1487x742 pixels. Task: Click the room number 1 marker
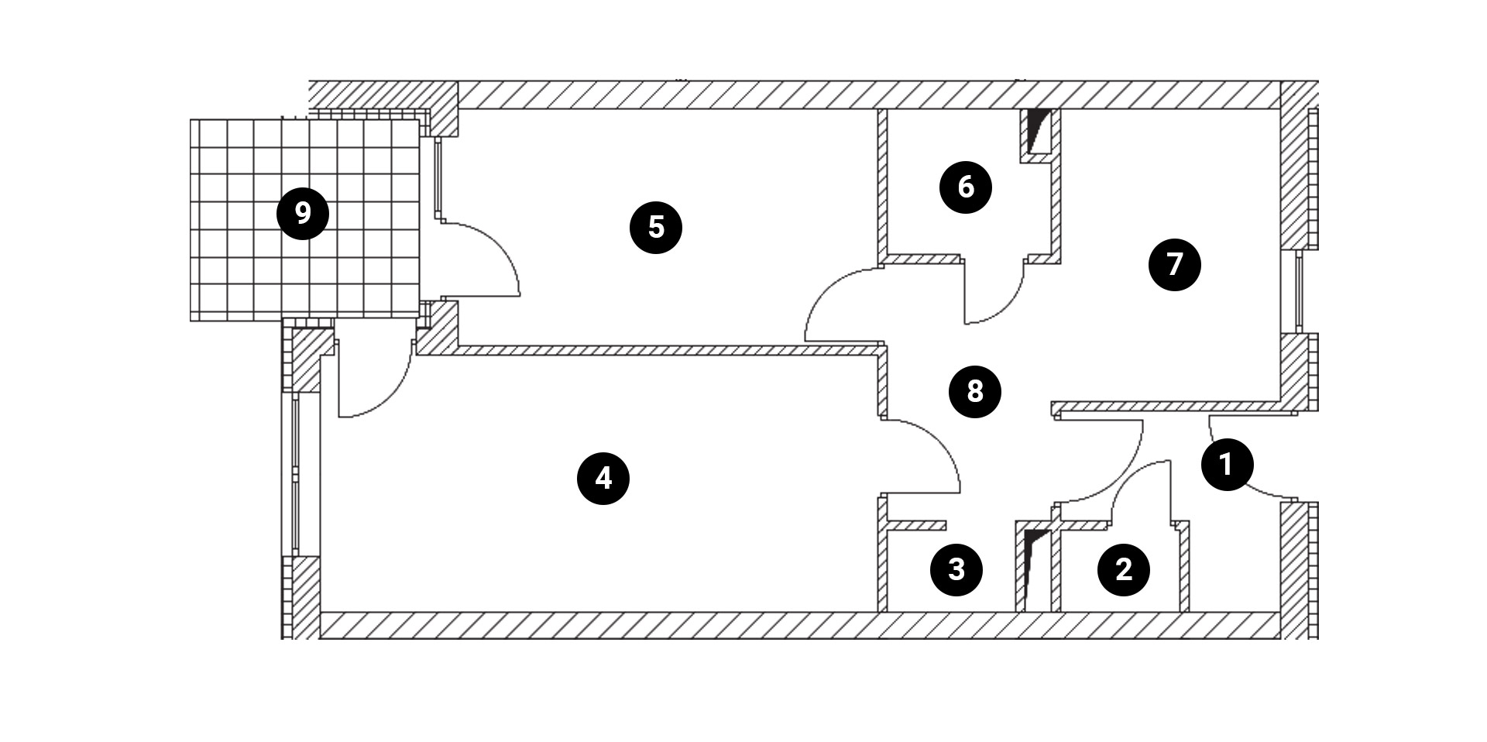[x=1227, y=465]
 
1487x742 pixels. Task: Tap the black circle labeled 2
[x=1123, y=570]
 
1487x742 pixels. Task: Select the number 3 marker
[x=956, y=570]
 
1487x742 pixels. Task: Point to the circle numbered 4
[x=603, y=479]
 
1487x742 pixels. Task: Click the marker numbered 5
[x=656, y=228]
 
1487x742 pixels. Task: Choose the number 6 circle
[x=966, y=187]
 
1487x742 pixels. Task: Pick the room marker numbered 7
[x=1175, y=265]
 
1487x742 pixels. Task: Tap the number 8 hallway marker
[x=975, y=392]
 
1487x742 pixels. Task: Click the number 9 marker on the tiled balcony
[x=303, y=213]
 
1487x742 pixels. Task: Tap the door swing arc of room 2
[x=1131, y=480]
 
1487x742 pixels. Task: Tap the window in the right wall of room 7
[x=1300, y=291]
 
